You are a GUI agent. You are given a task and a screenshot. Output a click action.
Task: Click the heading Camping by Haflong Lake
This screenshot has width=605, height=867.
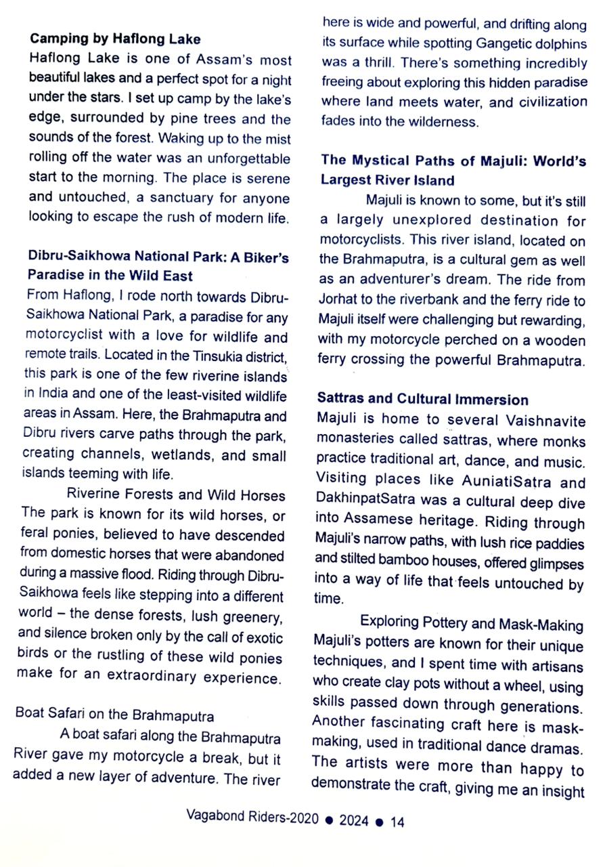(x=115, y=39)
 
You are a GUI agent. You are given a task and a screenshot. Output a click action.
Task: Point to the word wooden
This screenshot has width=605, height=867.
(x=553, y=339)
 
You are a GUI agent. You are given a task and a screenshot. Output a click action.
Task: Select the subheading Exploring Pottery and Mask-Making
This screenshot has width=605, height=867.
(x=471, y=621)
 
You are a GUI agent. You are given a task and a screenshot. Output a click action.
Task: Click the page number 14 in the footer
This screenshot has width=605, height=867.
(x=397, y=822)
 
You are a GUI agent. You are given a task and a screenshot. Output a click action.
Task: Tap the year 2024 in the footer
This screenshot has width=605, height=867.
(x=354, y=822)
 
